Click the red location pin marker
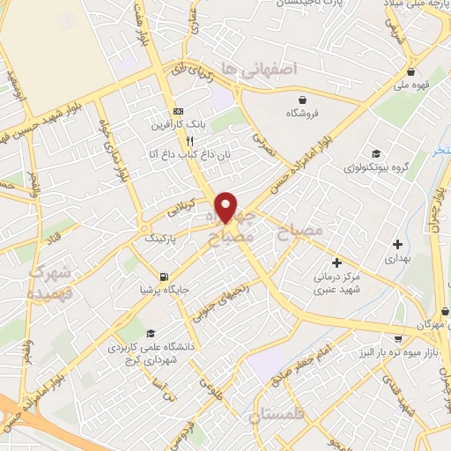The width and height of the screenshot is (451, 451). pos(226,205)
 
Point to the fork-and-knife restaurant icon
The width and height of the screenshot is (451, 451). pos(189,140)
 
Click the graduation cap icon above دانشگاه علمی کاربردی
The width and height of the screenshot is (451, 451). pos(152,334)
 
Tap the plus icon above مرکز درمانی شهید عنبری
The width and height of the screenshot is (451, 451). pos(336,262)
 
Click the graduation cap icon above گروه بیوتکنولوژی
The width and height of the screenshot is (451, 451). pos(377,155)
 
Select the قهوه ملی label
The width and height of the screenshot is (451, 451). pos(412,86)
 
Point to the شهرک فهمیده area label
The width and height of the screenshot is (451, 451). pos(49,284)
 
